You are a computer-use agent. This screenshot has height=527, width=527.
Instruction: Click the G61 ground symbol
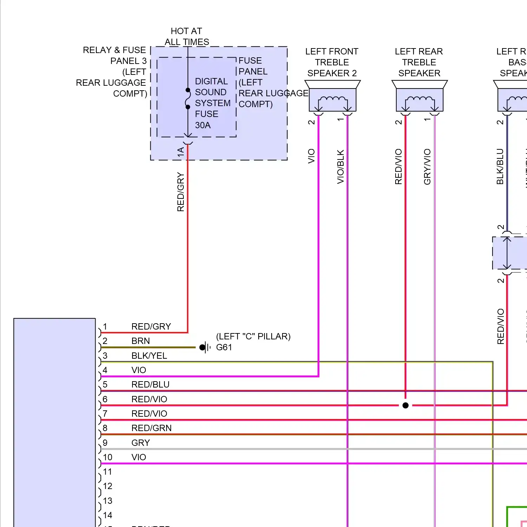205,347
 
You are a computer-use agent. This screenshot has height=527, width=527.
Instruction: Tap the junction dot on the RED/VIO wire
405,405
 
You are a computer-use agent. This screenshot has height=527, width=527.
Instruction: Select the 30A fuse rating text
203,125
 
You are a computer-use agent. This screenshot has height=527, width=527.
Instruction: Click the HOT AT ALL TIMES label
187,37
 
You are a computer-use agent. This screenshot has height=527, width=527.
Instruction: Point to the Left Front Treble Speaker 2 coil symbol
332,100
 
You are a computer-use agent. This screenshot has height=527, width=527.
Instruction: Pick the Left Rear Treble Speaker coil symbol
419,100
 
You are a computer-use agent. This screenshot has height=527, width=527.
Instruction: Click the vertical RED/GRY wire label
181,192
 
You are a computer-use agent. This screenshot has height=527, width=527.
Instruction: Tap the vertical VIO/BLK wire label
340,167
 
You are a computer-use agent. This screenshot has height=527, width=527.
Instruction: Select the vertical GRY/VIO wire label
427,167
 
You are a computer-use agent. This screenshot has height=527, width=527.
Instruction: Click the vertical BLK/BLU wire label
500,167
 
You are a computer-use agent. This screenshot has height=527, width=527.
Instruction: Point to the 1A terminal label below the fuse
181,152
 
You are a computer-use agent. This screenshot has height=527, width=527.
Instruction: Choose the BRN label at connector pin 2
141,341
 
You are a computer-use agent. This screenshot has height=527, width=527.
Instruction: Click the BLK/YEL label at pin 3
149,356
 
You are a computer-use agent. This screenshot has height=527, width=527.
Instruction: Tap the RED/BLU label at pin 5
150,385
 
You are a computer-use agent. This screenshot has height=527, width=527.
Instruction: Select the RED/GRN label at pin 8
151,428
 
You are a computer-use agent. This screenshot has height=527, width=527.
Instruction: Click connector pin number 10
108,457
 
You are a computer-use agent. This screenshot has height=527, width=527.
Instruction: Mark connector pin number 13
108,501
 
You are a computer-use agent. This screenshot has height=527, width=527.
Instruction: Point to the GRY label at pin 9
141,443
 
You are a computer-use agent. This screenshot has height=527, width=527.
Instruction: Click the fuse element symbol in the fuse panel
188,99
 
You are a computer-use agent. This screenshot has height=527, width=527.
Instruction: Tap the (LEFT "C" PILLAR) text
253,336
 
